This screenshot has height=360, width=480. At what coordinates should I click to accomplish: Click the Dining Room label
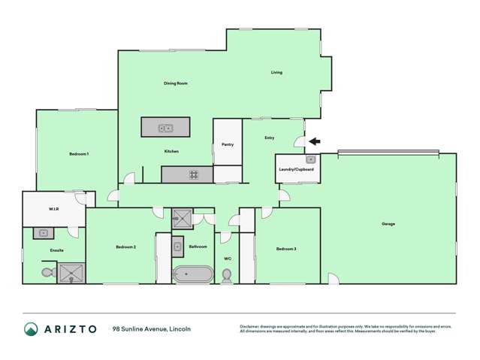[x=175, y=83]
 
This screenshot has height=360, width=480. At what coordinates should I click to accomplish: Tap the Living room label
[x=276, y=73]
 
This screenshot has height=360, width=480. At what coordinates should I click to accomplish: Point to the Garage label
[x=388, y=224]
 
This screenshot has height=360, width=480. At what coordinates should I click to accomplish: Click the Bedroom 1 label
[x=79, y=154]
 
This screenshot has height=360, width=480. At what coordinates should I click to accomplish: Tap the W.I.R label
[x=54, y=210]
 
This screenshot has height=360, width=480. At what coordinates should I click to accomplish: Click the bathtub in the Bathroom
[x=188, y=274]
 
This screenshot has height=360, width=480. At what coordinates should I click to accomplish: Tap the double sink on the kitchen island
[x=165, y=129]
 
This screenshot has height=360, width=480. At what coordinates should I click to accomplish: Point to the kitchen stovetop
[x=194, y=175]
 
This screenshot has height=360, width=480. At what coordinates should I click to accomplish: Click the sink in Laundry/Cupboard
[x=310, y=159]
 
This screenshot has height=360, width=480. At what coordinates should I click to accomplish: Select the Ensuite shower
[x=72, y=272]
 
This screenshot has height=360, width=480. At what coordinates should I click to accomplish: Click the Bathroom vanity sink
[x=178, y=246]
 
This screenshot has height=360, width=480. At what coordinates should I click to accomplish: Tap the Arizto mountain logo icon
[x=31, y=329]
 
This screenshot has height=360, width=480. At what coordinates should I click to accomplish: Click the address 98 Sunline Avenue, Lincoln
[x=151, y=329]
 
